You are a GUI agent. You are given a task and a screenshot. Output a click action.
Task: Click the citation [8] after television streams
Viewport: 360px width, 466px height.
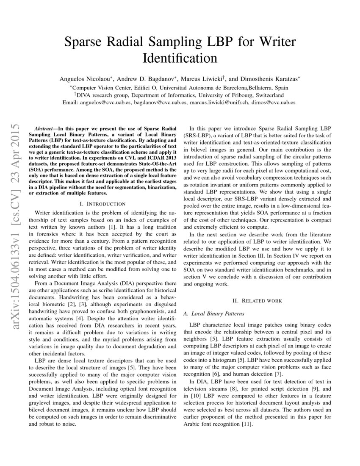pos(249,388)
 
